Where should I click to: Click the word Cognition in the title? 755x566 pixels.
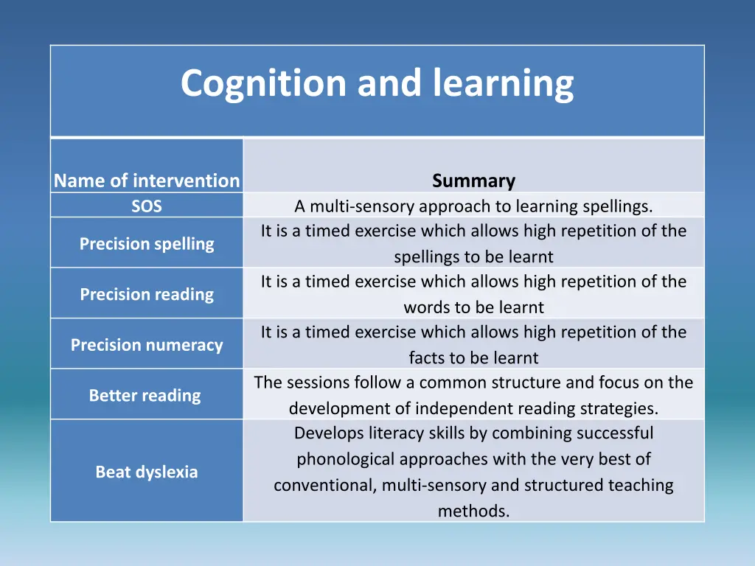point(265,83)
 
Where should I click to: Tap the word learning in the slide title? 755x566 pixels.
point(503,83)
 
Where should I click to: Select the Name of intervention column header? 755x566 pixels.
point(147,181)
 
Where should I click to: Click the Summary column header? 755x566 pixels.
point(473,181)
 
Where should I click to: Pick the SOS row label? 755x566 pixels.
point(147,206)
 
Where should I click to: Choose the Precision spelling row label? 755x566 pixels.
point(147,244)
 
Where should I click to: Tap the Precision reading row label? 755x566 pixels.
point(147,295)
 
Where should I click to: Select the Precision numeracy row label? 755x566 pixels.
point(147,345)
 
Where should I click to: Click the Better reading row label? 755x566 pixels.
point(145,396)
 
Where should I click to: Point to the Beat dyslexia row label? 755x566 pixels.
point(147,472)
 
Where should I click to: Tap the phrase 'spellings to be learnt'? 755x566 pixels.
point(473,257)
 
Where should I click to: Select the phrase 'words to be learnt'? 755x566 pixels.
point(473,307)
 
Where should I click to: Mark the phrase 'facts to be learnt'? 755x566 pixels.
point(473,358)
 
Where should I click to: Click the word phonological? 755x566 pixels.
point(345,459)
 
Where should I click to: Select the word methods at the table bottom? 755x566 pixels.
point(473,510)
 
